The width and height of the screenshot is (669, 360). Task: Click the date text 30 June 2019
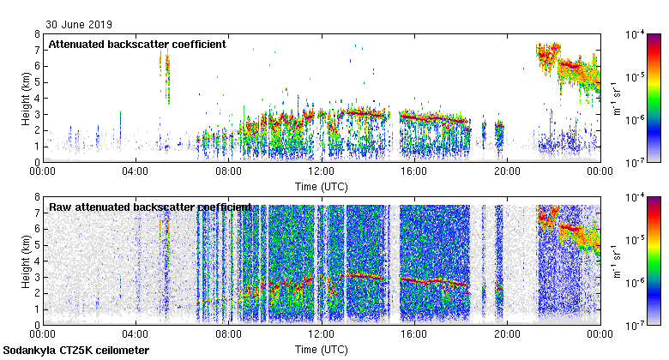[79, 25]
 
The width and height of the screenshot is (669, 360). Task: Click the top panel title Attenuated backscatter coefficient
[137, 44]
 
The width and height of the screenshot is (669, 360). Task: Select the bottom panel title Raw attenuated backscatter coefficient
[150, 207]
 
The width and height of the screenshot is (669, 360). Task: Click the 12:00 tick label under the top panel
[321, 171]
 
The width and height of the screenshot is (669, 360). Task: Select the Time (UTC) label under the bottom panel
[321, 350]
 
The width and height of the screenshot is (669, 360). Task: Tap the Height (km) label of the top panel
[26, 98]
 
